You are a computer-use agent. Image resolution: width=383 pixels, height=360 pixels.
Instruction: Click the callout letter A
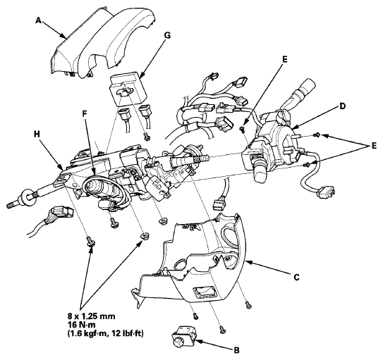coord(38,20)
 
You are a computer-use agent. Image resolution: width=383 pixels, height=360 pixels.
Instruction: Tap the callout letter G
coord(167,35)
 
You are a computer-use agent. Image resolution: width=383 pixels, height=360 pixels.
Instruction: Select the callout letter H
coord(37,135)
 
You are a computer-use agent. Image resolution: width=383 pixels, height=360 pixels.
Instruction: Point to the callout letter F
coord(85,115)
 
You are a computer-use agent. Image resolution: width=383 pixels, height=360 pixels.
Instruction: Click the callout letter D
coord(343,106)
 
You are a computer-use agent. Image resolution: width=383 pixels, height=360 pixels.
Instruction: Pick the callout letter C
coord(296,278)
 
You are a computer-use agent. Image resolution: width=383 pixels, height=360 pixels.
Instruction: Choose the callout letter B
coord(236,350)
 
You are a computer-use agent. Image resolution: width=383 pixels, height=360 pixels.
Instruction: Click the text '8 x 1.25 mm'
coord(92,316)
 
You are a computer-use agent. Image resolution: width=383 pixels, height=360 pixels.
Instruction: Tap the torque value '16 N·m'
coord(82,325)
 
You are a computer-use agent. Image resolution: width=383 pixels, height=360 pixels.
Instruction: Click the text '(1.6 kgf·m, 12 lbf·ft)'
coord(106,333)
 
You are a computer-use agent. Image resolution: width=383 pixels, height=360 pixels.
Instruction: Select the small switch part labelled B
coord(184,336)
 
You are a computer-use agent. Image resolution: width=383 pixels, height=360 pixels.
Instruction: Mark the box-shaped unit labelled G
coord(128,89)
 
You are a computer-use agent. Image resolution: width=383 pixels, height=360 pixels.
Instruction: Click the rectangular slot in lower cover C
coord(205,292)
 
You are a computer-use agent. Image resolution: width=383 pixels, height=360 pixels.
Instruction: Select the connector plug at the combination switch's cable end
coord(325,191)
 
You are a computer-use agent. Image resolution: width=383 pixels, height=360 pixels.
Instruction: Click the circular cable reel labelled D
coord(281,144)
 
